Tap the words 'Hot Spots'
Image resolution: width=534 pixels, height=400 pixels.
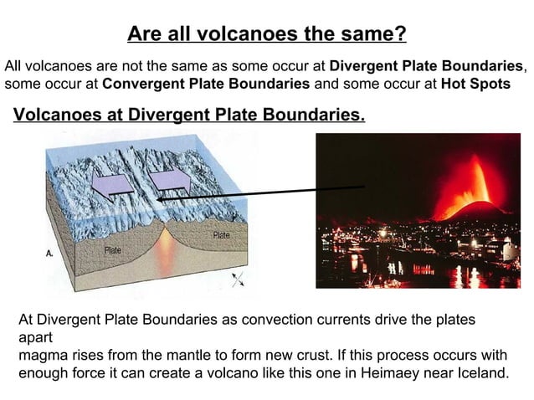[x=476, y=84]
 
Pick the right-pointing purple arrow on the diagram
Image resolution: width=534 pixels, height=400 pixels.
[x=171, y=179]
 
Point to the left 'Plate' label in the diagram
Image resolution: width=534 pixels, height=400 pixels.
[x=114, y=250]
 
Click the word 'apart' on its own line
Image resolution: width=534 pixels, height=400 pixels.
[x=36, y=337]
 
